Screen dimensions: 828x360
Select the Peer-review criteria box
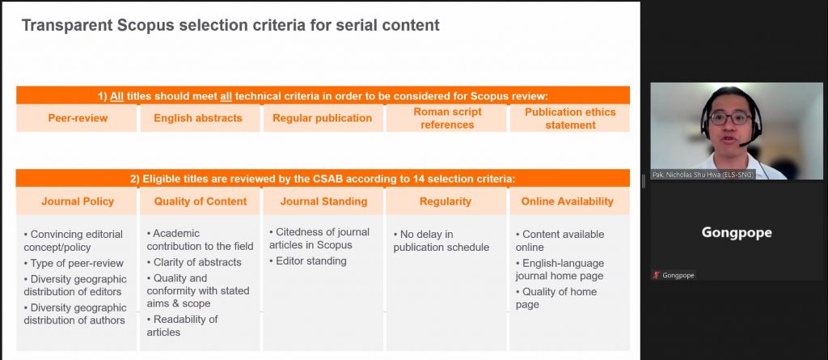[77, 118]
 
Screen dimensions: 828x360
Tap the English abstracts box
[199, 118]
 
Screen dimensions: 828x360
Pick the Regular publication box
[322, 118]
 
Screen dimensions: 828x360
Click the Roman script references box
[446, 118]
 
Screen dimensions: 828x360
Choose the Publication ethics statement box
[570, 118]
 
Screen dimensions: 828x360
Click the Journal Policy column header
[77, 201]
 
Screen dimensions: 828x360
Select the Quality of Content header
[201, 201]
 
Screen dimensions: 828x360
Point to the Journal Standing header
[323, 201]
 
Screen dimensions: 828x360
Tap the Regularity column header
[446, 201]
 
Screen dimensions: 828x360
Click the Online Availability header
[567, 201]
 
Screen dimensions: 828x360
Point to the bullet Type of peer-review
[74, 263]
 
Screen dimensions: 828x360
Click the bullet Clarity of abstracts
[194, 262]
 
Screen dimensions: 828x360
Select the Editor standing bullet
[308, 260]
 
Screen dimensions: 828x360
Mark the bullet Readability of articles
[182, 326]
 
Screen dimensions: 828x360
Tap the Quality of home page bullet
[556, 299]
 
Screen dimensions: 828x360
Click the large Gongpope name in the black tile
[737, 233]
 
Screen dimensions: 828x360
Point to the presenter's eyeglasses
[731, 118]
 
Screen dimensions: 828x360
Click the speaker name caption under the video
[703, 175]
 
